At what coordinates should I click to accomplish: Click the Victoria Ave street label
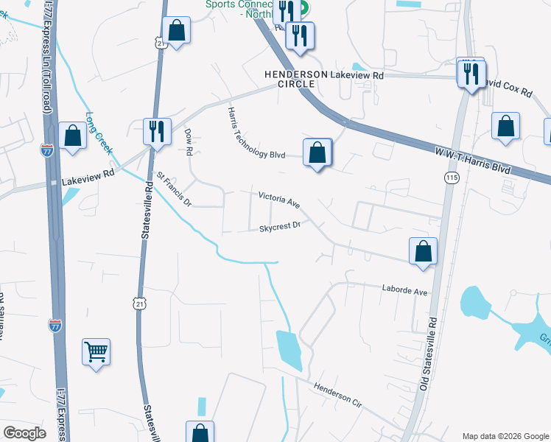tap(279, 199)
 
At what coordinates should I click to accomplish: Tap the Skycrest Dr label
tap(281, 228)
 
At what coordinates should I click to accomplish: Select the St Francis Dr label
tap(174, 189)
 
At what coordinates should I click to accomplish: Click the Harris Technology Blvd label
tap(255, 133)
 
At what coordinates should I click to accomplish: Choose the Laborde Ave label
tap(404, 291)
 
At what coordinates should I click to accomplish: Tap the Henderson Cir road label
tap(338, 394)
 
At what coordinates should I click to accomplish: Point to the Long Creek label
tap(99, 133)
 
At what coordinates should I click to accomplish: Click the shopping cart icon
tap(96, 352)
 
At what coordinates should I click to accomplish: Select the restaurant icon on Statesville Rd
tap(157, 131)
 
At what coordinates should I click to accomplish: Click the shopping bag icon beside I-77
tap(72, 136)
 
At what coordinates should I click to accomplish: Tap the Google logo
tap(24, 433)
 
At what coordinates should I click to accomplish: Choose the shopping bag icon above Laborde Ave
tap(423, 251)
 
